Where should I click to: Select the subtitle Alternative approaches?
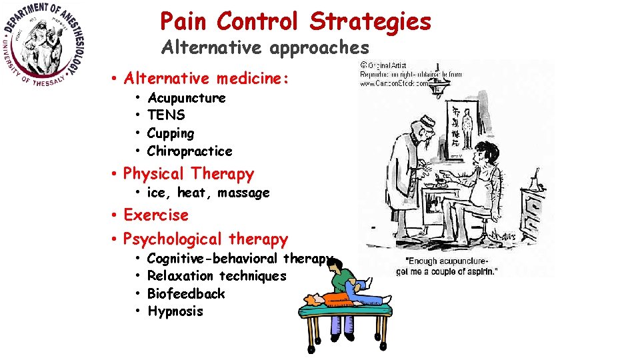coord(265,47)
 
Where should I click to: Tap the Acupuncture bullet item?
coord(186,98)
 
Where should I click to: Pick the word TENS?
coord(166,115)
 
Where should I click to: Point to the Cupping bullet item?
coord(171,133)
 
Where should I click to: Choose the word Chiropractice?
coord(189,151)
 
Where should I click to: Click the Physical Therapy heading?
coord(189,174)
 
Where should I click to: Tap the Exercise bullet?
coord(156,215)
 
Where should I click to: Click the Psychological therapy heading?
coord(205,239)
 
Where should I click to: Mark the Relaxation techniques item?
coord(216,276)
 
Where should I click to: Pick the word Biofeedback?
coord(186,294)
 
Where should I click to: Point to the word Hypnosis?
coord(175,311)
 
